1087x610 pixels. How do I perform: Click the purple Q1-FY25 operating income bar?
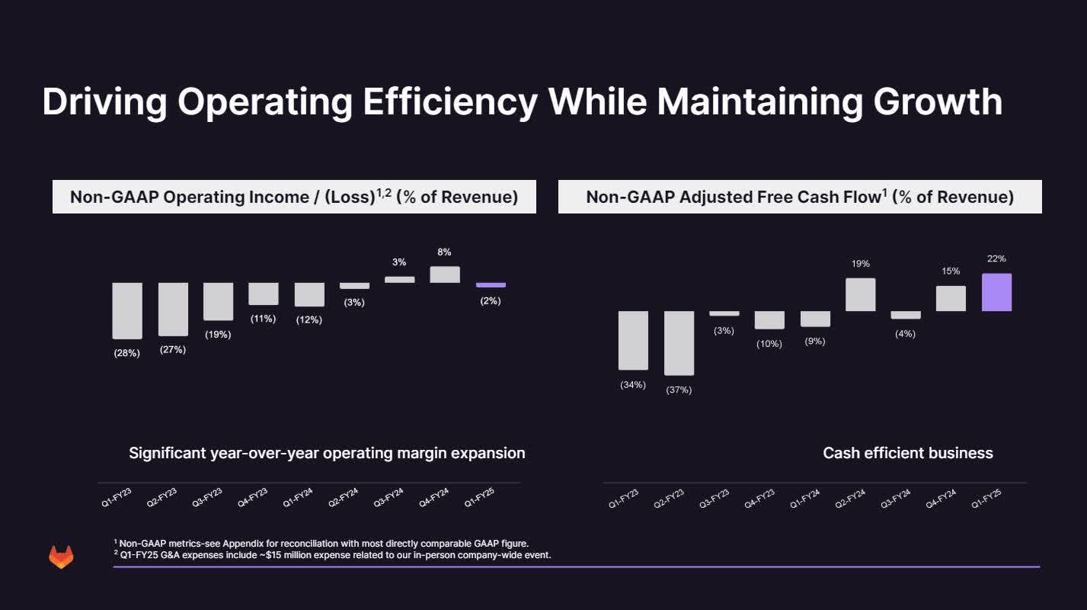coord(491,285)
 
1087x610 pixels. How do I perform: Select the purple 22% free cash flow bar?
coord(996,292)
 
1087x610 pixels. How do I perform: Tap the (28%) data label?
coord(127,353)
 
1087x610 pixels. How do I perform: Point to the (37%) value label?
coord(678,390)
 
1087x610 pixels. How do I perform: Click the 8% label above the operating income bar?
coord(444,252)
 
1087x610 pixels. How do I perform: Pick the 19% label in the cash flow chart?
coord(860,264)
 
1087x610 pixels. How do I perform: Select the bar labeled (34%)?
coord(633,340)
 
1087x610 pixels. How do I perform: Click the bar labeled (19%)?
coord(218,301)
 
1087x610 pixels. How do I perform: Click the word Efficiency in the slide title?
coord(449,101)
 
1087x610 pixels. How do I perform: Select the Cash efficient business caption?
coord(908,453)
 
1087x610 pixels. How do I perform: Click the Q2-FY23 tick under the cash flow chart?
coord(668,499)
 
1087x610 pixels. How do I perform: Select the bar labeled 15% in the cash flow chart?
coord(951,298)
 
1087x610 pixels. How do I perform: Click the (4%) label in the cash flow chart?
coord(905,334)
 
